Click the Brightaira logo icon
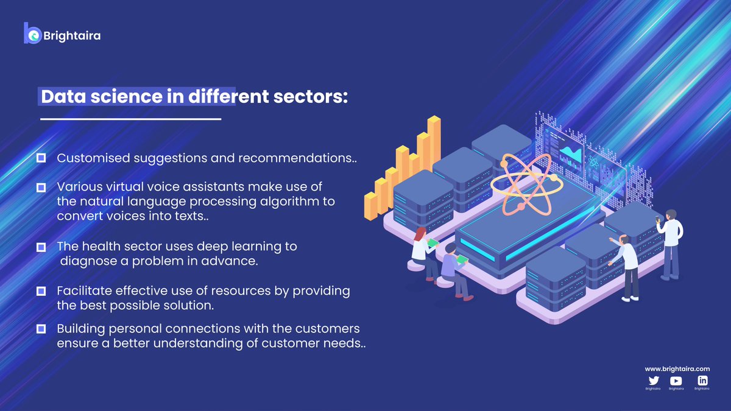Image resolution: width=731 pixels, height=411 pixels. click(32, 33)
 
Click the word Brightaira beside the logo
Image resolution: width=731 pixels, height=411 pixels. click(72, 36)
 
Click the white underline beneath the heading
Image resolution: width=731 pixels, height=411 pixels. click(130, 119)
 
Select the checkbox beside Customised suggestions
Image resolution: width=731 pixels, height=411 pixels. click(41, 158)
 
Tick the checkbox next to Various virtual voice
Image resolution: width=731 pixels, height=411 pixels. click(41, 186)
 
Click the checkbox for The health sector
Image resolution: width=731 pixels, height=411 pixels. click(41, 247)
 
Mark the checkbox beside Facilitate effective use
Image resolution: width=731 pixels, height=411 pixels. click(41, 291)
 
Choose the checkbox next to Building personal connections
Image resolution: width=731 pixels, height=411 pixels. click(41, 329)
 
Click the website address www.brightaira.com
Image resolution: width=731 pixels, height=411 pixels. click(677, 369)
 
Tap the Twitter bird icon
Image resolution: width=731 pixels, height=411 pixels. click(653, 381)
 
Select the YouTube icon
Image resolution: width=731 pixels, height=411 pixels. click(676, 381)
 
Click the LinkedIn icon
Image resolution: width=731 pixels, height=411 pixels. click(702, 381)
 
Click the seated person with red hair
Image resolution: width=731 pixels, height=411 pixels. click(422, 250)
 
